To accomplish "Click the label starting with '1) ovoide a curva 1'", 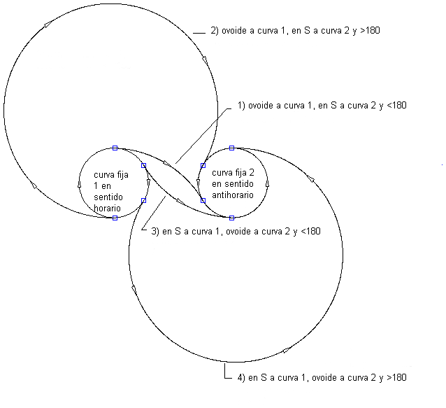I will coord(322,106).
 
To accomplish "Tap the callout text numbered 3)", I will coord(236,231).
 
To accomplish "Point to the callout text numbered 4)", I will coord(321,378).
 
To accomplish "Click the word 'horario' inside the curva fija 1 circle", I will coord(108,209).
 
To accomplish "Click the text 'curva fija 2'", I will coord(232,173).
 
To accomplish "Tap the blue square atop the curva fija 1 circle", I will coord(115,148).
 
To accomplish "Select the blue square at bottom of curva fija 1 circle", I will coord(115,218).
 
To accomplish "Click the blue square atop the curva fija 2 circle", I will coord(231,148).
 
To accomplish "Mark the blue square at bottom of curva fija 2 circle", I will coord(231,218).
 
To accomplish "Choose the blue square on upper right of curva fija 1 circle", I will coord(143,165).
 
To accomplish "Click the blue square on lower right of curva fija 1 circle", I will coord(143,201).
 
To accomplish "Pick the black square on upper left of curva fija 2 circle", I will coord(203,165).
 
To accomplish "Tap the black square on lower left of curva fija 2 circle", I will coord(203,200).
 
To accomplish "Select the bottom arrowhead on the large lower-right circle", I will coord(286,349).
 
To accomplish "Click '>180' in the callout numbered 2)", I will coord(369,31).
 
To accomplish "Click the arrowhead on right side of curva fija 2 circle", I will coord(266,184).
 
